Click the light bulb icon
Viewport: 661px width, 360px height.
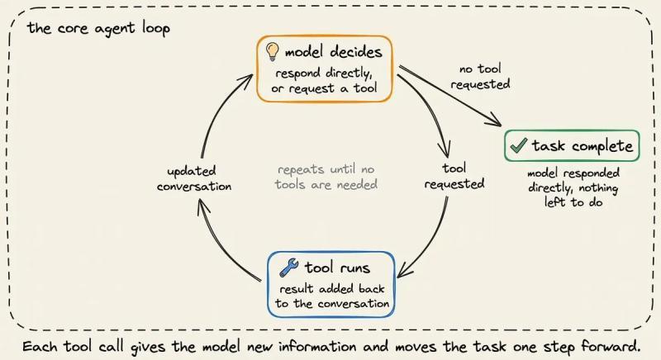273,52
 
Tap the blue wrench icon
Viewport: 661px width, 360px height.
288,268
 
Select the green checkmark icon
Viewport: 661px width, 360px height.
519,145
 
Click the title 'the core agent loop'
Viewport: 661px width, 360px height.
98,29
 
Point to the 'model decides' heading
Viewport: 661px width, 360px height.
334,52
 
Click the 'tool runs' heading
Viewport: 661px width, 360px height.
337,268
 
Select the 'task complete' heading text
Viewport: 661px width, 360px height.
583,145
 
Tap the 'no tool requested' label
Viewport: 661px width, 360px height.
480,76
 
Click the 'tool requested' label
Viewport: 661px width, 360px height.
454,176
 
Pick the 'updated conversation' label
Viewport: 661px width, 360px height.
194,178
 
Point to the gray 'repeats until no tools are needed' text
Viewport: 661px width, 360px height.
326,177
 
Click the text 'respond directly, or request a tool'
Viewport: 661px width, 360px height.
324,80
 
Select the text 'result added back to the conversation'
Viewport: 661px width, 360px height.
332,296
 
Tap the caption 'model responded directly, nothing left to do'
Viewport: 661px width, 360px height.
573,187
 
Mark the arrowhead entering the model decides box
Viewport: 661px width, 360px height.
246,79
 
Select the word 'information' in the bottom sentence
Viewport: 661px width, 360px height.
317,347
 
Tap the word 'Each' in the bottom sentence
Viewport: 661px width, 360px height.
40,347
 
